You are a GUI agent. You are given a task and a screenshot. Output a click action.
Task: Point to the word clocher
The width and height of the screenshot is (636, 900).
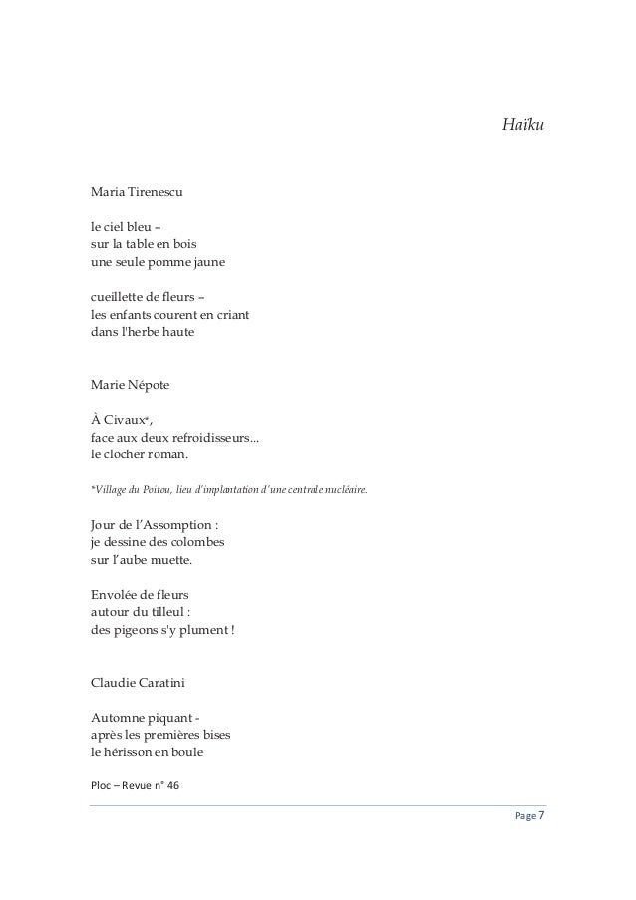129,456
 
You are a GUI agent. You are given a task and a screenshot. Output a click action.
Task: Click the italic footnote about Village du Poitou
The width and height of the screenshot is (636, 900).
228,489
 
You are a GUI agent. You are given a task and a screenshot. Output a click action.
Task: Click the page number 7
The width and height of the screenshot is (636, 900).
541,817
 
